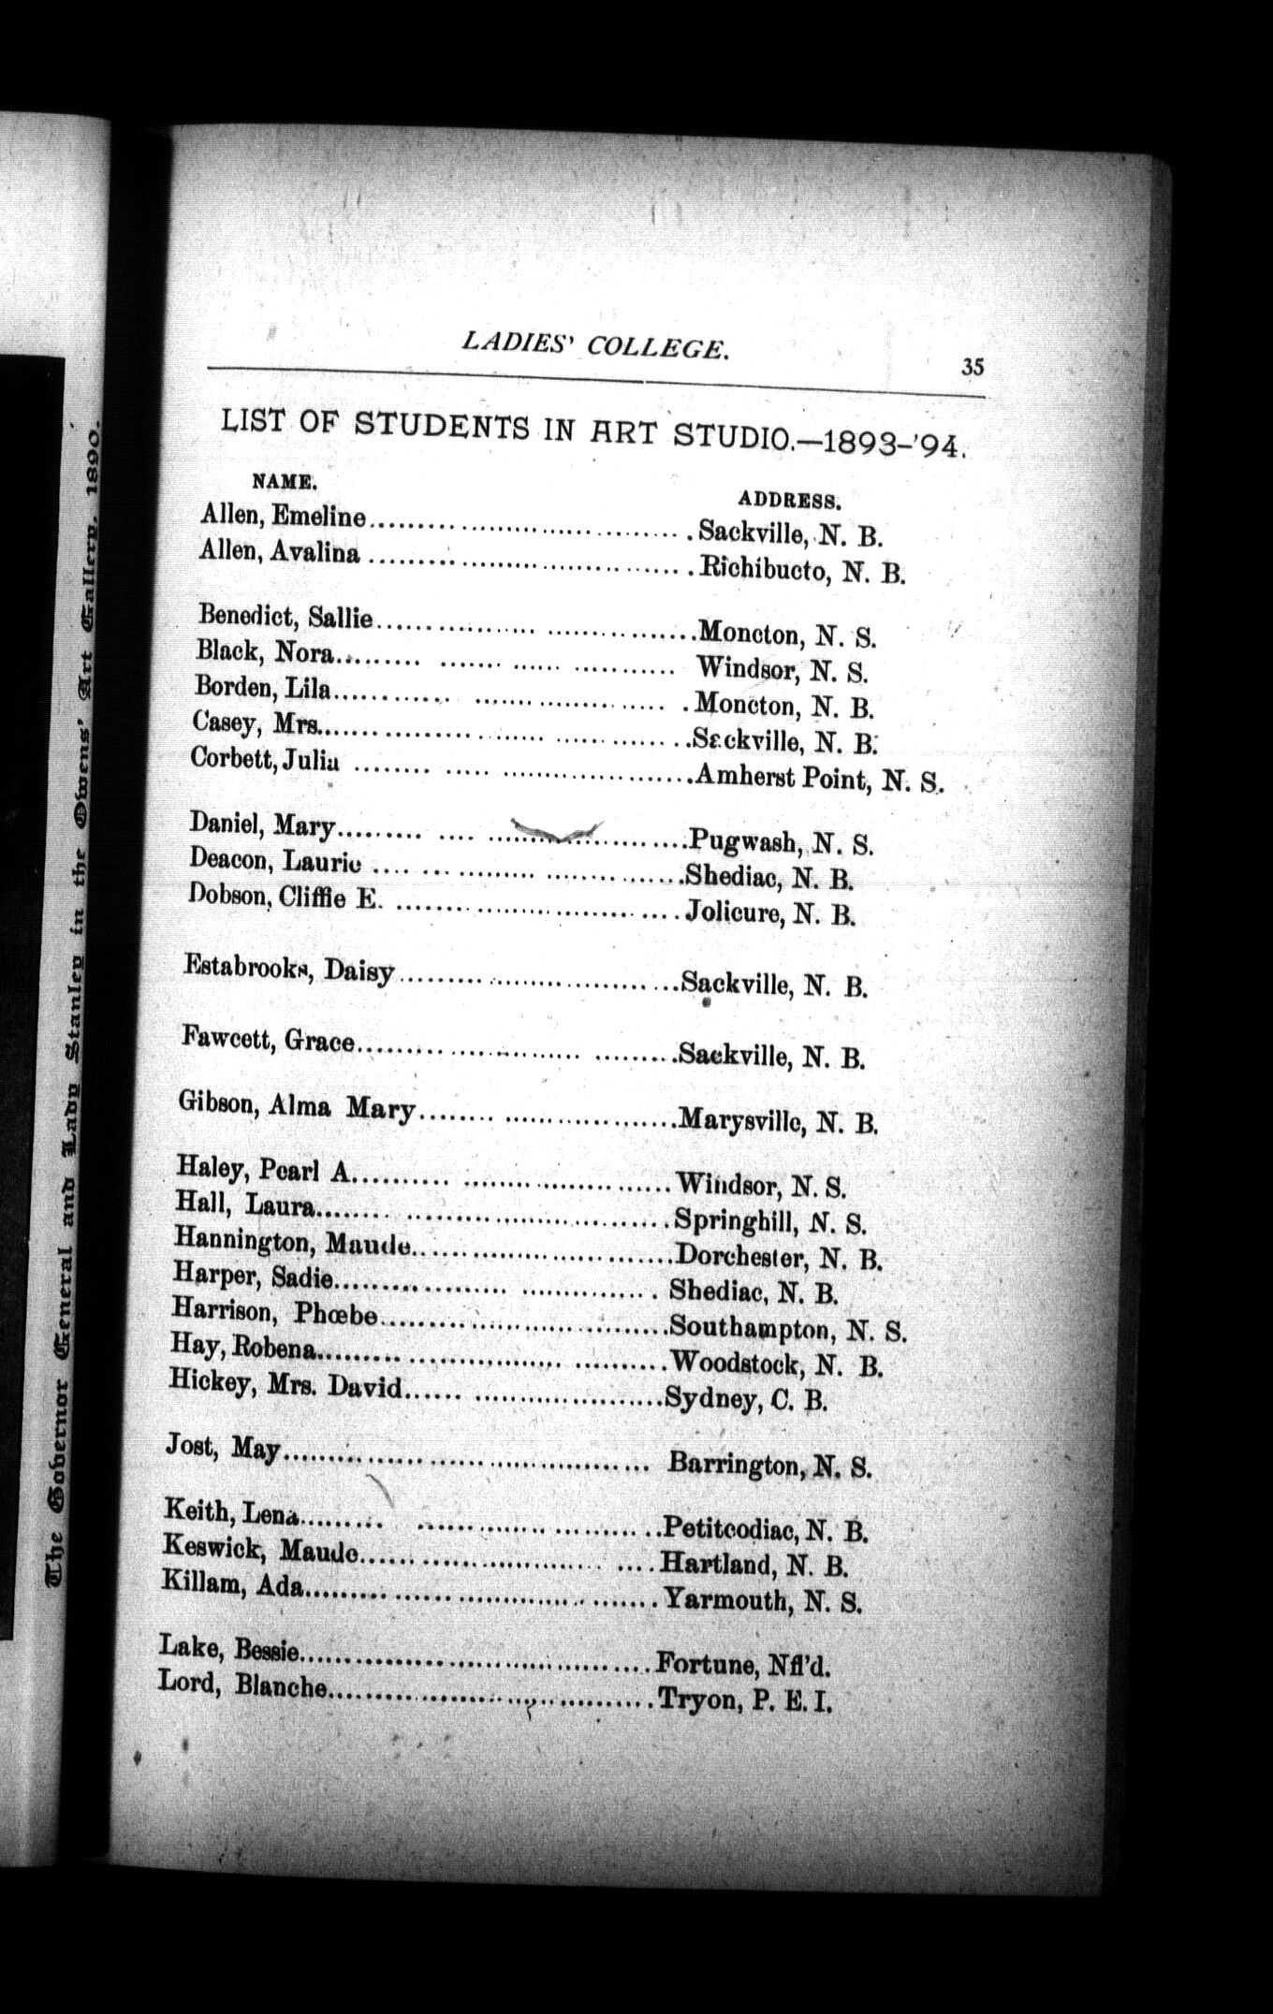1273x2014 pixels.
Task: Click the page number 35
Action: pos(972,367)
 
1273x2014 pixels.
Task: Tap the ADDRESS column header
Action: pos(791,498)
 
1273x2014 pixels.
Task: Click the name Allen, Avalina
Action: pos(279,553)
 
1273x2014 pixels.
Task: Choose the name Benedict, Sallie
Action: pos(285,617)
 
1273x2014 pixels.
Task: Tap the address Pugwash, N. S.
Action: pos(781,841)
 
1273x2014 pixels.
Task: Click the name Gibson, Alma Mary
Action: pos(296,1108)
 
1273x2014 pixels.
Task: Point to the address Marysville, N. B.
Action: pos(777,1119)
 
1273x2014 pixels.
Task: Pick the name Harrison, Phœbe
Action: pos(274,1312)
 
